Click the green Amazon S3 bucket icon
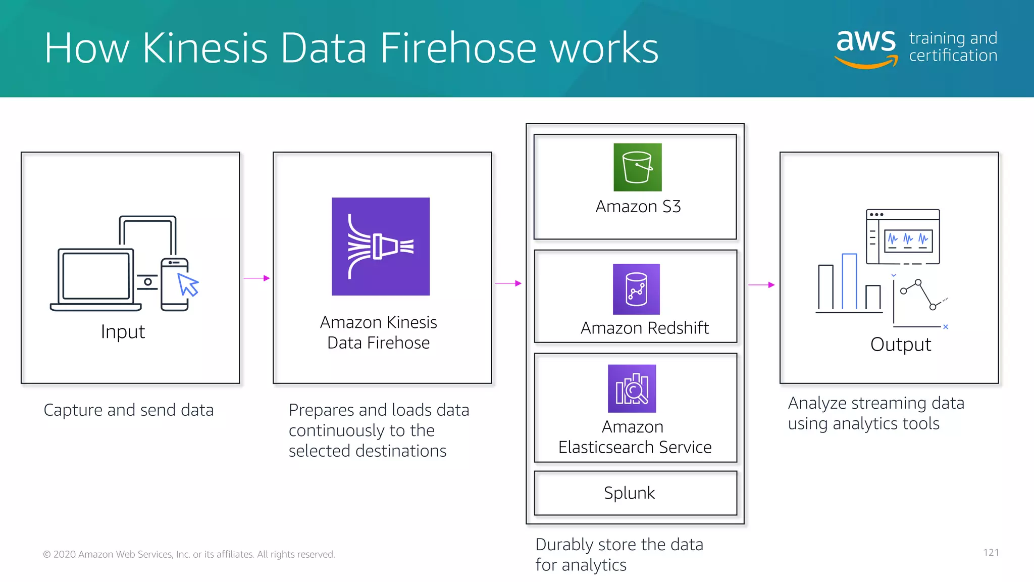(x=637, y=167)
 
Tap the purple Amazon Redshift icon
(x=636, y=289)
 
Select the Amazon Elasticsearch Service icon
(x=632, y=389)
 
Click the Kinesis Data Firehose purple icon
(x=380, y=247)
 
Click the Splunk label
(x=629, y=493)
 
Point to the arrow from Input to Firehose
(x=256, y=278)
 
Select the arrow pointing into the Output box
(x=761, y=285)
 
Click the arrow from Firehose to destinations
(x=508, y=283)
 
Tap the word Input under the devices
(x=123, y=332)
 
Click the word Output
(x=900, y=345)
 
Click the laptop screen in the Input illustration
(x=96, y=276)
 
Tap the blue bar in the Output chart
(x=849, y=281)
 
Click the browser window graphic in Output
(x=903, y=236)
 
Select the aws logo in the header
(x=866, y=46)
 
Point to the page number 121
(x=991, y=552)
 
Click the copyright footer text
(x=189, y=554)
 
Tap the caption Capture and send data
(x=128, y=410)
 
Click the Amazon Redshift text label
(x=644, y=328)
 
